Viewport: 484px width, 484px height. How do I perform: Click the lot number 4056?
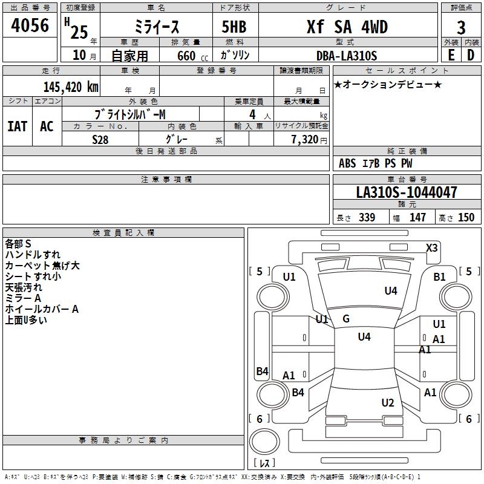pyautogui.click(x=30, y=25)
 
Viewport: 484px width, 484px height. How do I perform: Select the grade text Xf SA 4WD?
pyautogui.click(x=347, y=27)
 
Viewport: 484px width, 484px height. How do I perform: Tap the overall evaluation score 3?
pyautogui.click(x=461, y=28)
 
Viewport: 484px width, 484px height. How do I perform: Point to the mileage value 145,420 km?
pyautogui.click(x=71, y=87)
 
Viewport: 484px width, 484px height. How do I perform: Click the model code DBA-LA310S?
pyautogui.click(x=347, y=56)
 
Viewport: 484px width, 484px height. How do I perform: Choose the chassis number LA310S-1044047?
pyautogui.click(x=407, y=192)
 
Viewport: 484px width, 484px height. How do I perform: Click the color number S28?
pyautogui.click(x=100, y=140)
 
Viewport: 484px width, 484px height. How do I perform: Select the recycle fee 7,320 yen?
pyautogui.click(x=309, y=140)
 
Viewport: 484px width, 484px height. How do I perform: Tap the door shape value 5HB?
pyautogui.click(x=234, y=27)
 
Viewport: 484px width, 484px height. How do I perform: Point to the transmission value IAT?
pyautogui.click(x=18, y=126)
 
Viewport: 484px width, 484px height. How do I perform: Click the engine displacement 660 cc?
pyautogui.click(x=192, y=56)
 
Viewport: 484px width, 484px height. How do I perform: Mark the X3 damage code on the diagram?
pyautogui.click(x=431, y=248)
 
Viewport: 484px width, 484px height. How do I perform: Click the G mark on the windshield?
pyautogui.click(x=346, y=319)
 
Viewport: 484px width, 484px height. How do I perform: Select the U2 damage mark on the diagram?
pyautogui.click(x=388, y=403)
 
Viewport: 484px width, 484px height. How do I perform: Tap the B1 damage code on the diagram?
pyautogui.click(x=439, y=277)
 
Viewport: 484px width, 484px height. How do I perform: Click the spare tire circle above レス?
pyautogui.click(x=264, y=442)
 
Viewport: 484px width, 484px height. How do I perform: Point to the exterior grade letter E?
pyautogui.click(x=451, y=55)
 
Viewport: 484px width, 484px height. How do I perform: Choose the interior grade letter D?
pyautogui.click(x=471, y=55)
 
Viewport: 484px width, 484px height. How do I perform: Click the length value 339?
pyautogui.click(x=367, y=217)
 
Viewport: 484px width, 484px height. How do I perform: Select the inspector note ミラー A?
pyautogui.click(x=23, y=298)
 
